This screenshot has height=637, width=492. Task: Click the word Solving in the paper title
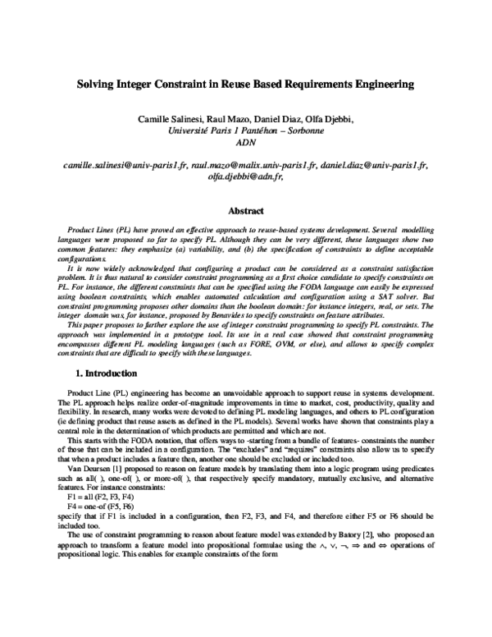96,84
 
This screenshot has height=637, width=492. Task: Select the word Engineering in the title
376,84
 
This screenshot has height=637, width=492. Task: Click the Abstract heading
245,210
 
